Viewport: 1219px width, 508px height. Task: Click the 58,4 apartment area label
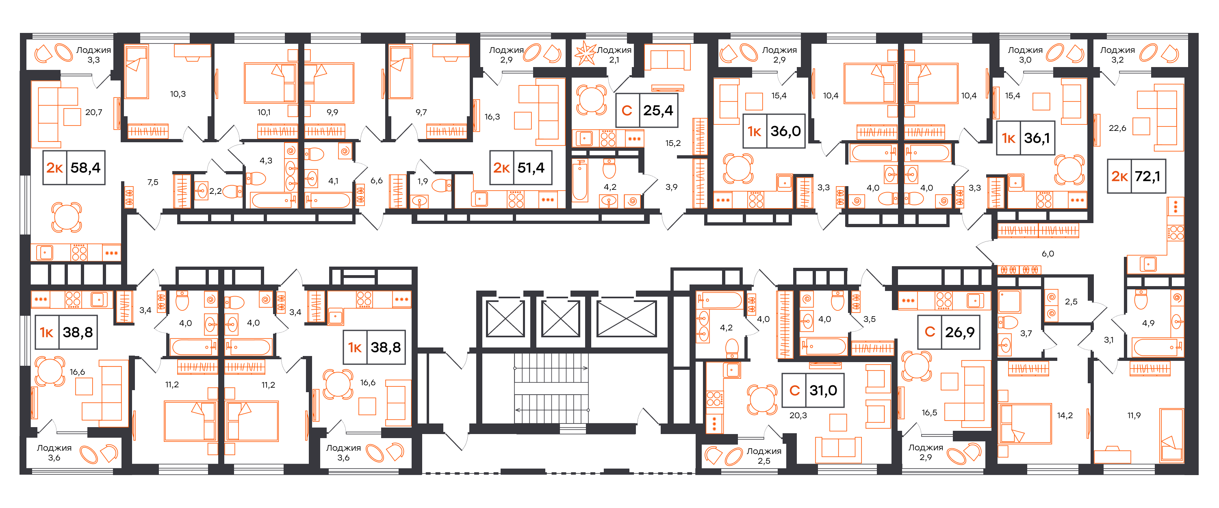click(x=85, y=167)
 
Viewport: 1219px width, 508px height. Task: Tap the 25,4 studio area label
click(x=658, y=110)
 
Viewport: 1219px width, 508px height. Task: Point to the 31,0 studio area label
click(x=823, y=391)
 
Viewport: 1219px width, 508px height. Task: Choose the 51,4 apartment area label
click(x=531, y=167)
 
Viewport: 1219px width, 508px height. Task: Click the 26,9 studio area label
click(x=960, y=332)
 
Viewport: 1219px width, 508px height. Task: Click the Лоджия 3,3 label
click(x=94, y=55)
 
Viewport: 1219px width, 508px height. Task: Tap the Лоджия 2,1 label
click(x=614, y=55)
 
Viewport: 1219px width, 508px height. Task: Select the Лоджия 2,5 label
click(x=764, y=456)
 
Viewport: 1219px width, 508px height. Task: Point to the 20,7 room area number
click(x=94, y=112)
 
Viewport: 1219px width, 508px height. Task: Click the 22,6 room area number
click(x=1117, y=128)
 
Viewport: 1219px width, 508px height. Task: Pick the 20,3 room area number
click(x=798, y=415)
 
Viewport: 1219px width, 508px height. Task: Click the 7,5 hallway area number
click(x=153, y=182)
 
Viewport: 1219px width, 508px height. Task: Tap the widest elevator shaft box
click(x=627, y=319)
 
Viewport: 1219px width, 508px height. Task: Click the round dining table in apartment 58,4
click(x=67, y=217)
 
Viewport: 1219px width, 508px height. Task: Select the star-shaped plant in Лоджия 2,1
click(x=586, y=53)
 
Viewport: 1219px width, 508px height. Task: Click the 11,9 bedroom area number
click(x=1134, y=415)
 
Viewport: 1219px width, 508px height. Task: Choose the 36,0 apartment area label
click(x=785, y=131)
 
